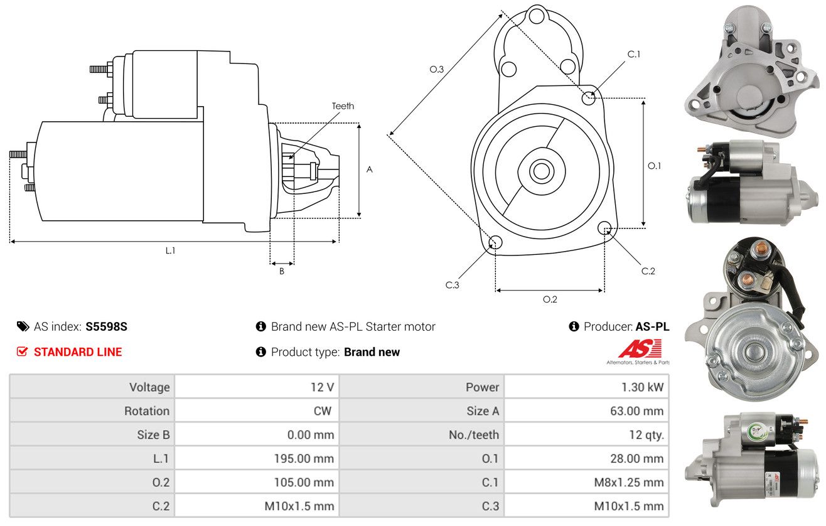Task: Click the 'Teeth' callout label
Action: (x=343, y=106)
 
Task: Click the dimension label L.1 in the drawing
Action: (x=170, y=250)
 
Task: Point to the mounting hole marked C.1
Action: (x=589, y=98)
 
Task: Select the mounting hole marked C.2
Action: (x=605, y=227)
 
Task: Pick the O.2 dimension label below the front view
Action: (x=550, y=299)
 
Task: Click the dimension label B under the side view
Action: (x=282, y=271)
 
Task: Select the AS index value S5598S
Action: (x=107, y=326)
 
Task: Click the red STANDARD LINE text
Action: (x=78, y=352)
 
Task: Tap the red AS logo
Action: (x=640, y=348)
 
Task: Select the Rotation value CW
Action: (x=324, y=411)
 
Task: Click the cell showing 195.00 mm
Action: (x=304, y=459)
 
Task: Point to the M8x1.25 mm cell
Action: (x=628, y=483)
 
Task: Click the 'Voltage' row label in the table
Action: (x=149, y=387)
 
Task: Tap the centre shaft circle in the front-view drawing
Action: (x=540, y=170)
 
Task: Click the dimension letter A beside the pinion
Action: (x=370, y=169)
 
